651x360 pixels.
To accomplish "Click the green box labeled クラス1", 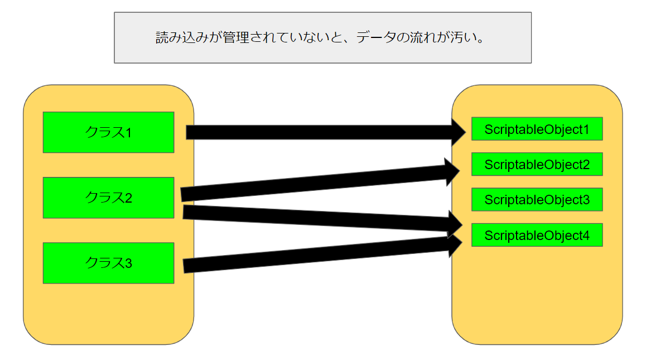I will pos(108,132).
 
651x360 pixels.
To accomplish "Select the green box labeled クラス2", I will pos(108,198).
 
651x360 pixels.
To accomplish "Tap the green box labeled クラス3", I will pos(108,263).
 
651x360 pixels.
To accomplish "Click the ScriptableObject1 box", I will pos(537,129).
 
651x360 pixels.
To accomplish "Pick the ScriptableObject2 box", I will pos(537,164).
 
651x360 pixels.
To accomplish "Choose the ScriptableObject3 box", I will pos(537,199).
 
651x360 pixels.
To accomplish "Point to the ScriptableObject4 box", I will pos(537,235).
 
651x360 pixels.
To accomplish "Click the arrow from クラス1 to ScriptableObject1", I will pos(318,132).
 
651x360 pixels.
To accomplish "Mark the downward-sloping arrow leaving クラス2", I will pos(318,218).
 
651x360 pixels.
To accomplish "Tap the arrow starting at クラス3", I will pos(318,255).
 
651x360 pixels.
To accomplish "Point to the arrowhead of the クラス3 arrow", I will pos(455,245).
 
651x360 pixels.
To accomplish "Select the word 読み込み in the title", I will pos(182,38).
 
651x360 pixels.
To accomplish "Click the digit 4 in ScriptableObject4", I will pos(586,236).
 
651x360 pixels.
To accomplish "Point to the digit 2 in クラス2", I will pos(128,198).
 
